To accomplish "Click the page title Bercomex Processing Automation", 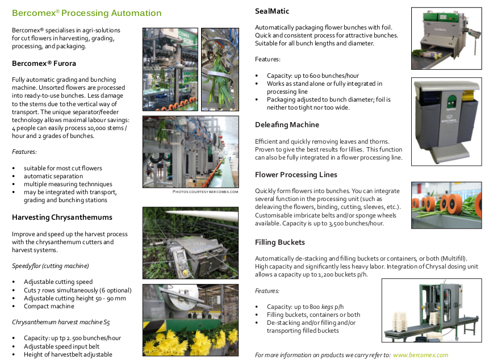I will click(x=86, y=13).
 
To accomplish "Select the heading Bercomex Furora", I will click(x=44, y=64).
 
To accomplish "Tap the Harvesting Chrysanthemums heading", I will click(x=62, y=217).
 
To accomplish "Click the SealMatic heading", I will click(x=272, y=11).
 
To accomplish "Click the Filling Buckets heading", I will click(x=280, y=243).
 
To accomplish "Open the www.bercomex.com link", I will click(x=420, y=355).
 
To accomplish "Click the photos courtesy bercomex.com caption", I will click(x=206, y=192).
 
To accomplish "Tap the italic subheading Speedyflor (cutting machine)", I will click(x=51, y=266).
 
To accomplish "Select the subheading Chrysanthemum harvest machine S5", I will click(x=61, y=322).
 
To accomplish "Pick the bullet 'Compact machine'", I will click(x=49, y=306).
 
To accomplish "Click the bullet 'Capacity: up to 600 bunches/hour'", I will click(x=312, y=76).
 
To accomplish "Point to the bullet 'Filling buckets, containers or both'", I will click(x=313, y=315).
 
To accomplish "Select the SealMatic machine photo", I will click(x=446, y=38).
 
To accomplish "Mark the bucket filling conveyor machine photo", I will click(x=432, y=311).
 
